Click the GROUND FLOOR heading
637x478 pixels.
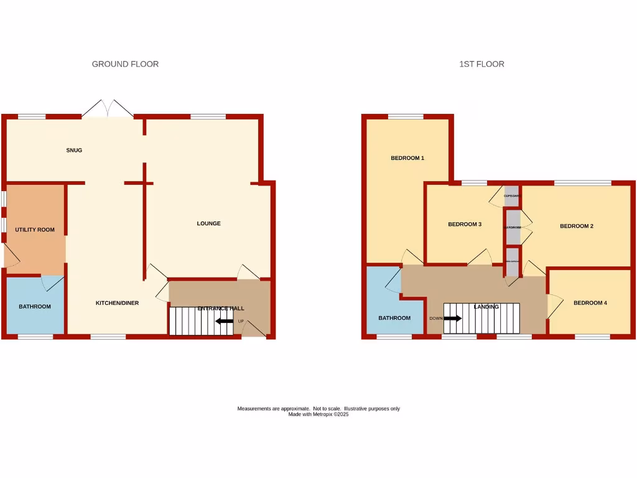point(125,64)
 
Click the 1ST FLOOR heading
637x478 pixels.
point(481,64)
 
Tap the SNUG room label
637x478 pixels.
point(74,150)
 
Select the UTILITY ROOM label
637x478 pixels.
point(35,230)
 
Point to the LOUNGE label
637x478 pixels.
point(209,223)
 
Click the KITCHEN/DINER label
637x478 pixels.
point(117,303)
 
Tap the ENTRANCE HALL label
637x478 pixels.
point(221,308)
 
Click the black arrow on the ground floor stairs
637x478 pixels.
point(225,321)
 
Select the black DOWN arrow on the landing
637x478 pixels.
point(452,318)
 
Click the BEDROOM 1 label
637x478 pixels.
point(407,158)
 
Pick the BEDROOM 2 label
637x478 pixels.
point(577,226)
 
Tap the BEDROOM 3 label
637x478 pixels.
point(465,224)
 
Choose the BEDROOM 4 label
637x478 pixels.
point(590,303)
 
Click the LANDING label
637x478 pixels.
point(486,307)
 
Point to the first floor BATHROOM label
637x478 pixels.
point(395,318)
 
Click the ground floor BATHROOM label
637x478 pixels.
point(35,306)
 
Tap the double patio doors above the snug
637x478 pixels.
point(108,109)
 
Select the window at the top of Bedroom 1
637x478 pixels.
point(406,116)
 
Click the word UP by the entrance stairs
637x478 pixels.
point(240,322)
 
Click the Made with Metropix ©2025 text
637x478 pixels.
point(318,414)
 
